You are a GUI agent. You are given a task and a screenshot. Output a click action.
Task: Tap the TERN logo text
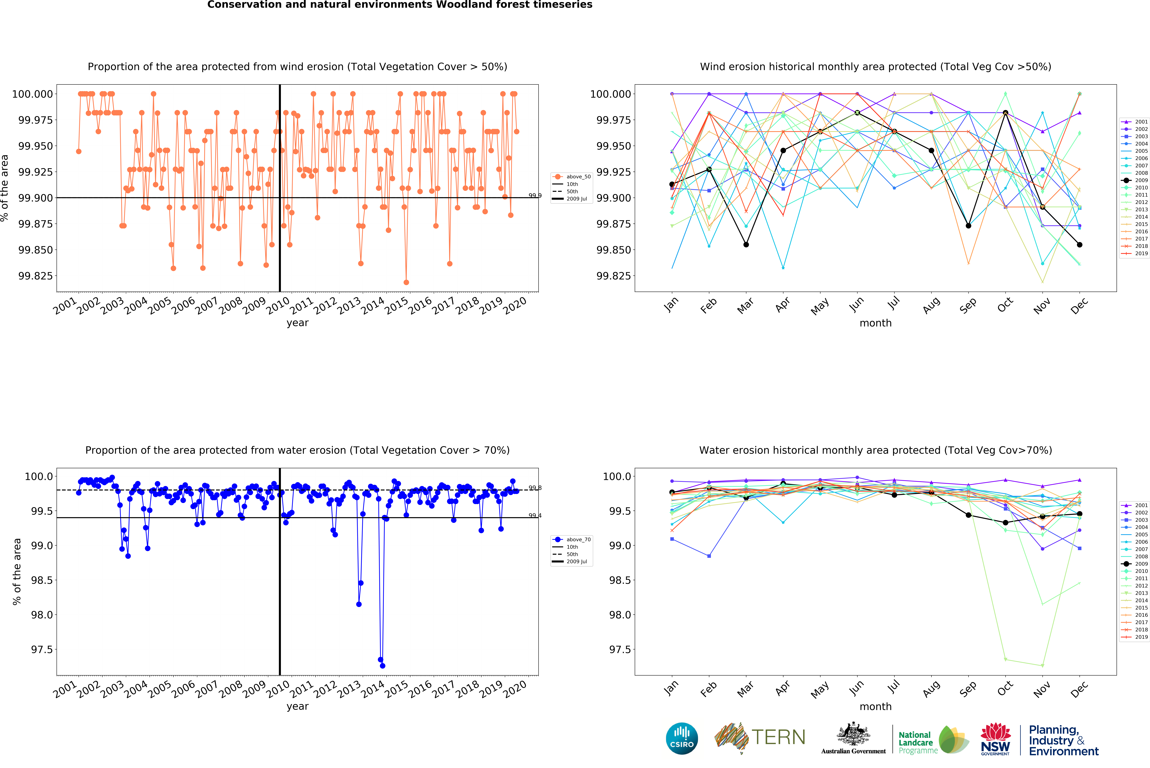pyautogui.click(x=779, y=737)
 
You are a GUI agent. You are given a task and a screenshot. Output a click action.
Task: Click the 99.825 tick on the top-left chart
pyautogui.click(x=35, y=276)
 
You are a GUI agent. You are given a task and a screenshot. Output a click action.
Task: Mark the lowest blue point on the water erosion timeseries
pyautogui.click(x=382, y=666)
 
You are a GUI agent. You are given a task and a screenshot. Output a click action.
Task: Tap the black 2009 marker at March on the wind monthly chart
pyautogui.click(x=746, y=244)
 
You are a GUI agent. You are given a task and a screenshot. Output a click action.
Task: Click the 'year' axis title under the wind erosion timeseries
pyautogui.click(x=297, y=323)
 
